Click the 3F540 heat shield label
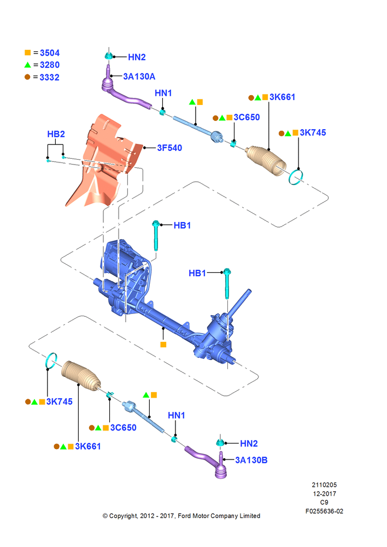click(x=169, y=148)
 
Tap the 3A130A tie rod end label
click(x=139, y=77)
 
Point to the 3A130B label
click(x=251, y=460)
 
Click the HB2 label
click(x=56, y=134)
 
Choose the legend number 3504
click(x=50, y=53)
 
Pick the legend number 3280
click(x=50, y=65)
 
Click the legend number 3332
click(x=50, y=77)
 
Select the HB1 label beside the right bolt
click(x=197, y=273)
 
